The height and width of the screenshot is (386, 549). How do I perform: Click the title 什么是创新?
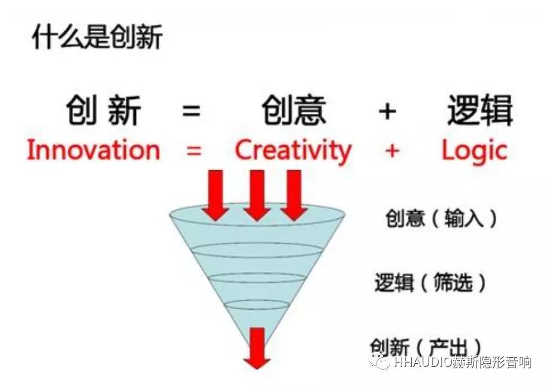[x=97, y=37]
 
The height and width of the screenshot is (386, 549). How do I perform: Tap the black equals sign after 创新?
[x=192, y=111]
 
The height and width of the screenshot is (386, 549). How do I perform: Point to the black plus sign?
[x=387, y=111]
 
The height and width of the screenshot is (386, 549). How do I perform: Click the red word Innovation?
[x=93, y=150]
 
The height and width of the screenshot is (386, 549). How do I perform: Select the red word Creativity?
[x=292, y=151]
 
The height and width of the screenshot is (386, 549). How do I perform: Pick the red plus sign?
[x=392, y=151]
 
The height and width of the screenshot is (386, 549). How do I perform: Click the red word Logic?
[x=475, y=151]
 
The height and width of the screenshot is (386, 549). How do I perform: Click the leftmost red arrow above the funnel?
[x=215, y=195]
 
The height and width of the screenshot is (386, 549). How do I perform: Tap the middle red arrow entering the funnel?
[x=257, y=195]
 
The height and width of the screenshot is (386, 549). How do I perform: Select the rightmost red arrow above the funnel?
[x=294, y=195]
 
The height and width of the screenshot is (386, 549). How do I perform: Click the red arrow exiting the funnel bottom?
[x=257, y=348]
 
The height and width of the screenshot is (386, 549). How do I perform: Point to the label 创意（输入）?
[x=441, y=218]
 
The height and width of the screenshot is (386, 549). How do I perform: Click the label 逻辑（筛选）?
[x=430, y=282]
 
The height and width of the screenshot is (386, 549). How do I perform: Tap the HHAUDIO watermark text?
[x=462, y=362]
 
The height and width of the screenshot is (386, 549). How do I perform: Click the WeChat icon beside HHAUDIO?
[x=379, y=361]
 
